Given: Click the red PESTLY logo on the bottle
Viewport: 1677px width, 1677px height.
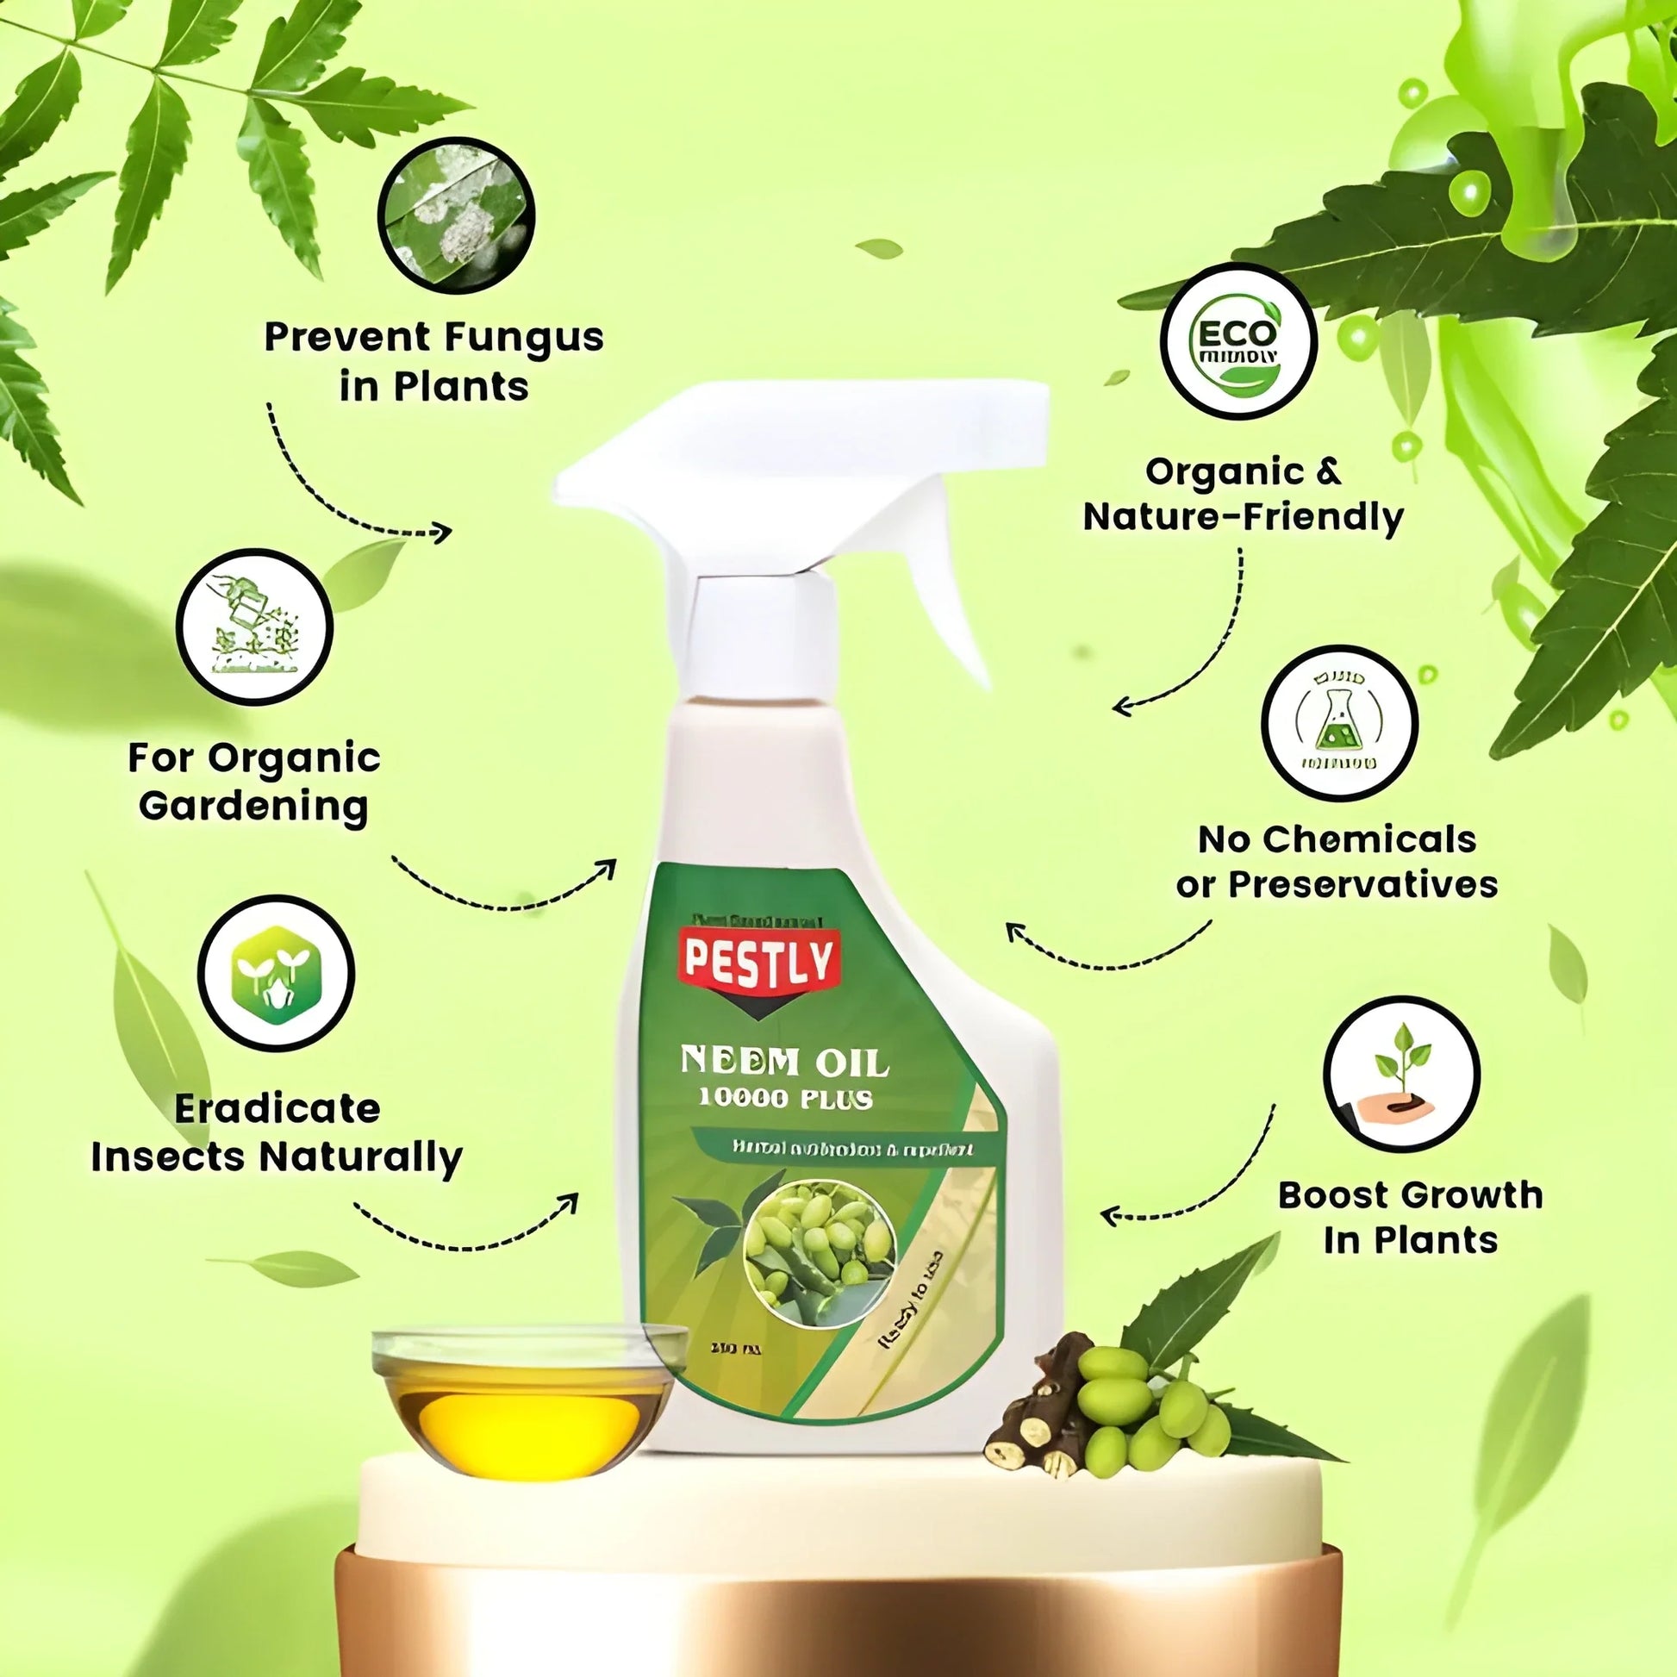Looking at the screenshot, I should (x=758, y=961).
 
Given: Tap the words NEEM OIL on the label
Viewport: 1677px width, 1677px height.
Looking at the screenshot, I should (x=784, y=1062).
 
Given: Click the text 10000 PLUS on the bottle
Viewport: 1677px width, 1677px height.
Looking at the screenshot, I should (x=785, y=1099).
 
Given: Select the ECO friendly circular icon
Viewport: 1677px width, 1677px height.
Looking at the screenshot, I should (x=1238, y=341).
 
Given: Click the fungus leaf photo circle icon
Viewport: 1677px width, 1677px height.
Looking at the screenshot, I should (x=456, y=215).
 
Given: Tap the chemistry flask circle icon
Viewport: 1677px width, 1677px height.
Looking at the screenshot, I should (x=1338, y=722).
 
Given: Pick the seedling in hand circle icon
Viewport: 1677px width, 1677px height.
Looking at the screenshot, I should (x=1401, y=1074).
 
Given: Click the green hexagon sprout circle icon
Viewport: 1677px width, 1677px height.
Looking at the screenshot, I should (x=276, y=973).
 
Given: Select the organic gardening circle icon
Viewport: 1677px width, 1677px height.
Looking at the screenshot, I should (x=254, y=626).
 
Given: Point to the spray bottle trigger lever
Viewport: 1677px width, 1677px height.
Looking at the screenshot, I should (x=946, y=608).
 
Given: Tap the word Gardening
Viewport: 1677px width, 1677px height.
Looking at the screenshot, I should (x=253, y=807).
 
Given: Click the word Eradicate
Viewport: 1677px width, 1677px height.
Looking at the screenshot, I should (x=277, y=1109).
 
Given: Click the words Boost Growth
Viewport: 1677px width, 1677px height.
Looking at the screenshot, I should (x=1410, y=1195).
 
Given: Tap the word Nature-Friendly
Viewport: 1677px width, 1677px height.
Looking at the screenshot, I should (x=1243, y=517).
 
